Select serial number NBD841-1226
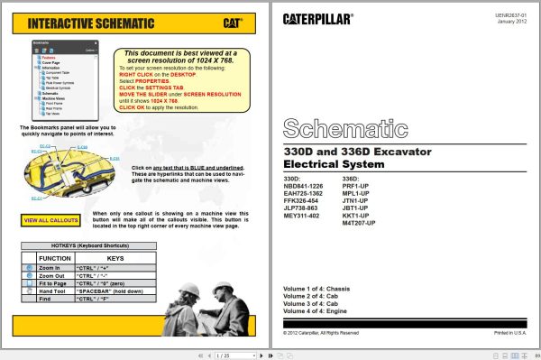pyautogui.click(x=303, y=186)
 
